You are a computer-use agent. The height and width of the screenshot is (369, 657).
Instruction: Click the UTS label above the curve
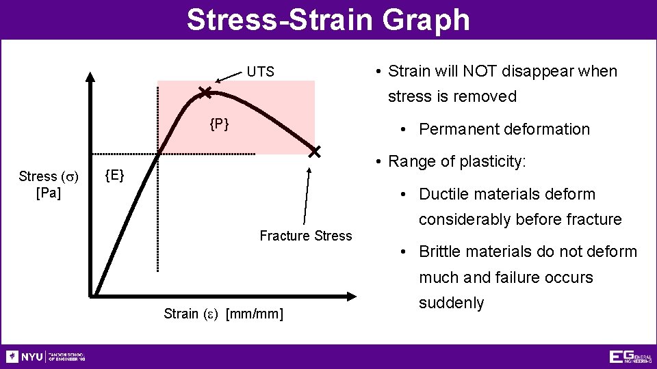260,72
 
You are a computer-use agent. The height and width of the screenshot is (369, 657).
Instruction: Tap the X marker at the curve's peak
205,92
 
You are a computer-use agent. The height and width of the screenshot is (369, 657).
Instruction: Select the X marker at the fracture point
314,152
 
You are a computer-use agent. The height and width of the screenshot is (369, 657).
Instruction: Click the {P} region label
219,124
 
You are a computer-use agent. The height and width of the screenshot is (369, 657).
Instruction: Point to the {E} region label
114,176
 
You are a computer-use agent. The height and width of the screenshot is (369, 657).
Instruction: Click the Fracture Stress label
305,236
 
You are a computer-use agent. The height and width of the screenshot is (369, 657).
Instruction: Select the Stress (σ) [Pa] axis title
49,184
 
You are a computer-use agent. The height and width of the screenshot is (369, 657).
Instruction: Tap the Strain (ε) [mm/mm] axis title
224,314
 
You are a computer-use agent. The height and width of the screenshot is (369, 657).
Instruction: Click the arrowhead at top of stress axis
91,77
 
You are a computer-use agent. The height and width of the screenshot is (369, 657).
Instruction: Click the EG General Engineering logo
630,357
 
